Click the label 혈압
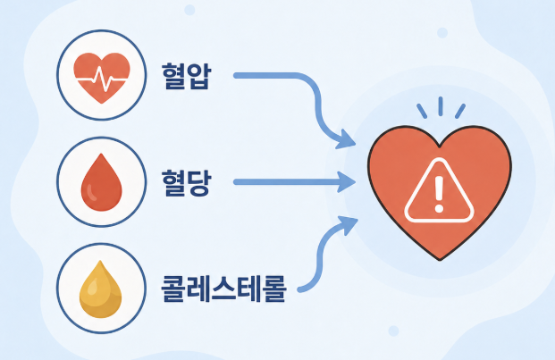coord(186,76)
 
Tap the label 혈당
coord(186,182)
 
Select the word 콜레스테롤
coord(223,289)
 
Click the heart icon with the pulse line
coord(102,78)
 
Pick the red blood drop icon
coord(102,182)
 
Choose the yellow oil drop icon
coord(100,289)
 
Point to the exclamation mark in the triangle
coord(439,195)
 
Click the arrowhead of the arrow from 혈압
coord(345,139)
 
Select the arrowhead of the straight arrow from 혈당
coord(346,182)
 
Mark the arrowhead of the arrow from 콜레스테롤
coord(348,225)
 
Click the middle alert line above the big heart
coord(441,106)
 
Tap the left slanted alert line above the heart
coord(422,111)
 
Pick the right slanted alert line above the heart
coord(459,111)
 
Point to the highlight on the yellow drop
coord(92,286)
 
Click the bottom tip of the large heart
coord(440,260)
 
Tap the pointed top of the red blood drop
coord(102,154)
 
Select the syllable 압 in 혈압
coord(199,76)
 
